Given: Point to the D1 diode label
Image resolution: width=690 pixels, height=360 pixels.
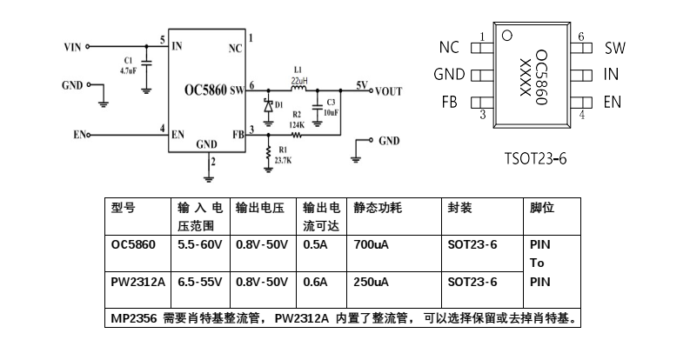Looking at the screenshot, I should pos(278,104).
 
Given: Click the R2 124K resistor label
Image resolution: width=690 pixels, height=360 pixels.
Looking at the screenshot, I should pos(297,119).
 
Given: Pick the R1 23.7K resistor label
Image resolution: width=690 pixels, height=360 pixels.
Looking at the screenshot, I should pos(283,157).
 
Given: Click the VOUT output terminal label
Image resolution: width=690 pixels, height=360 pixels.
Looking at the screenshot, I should pos(388,90).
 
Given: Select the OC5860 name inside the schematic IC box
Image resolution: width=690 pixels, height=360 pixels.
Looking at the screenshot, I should pos(205,89).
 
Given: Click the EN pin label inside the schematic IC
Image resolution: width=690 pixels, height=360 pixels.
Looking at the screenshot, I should pos(178,134).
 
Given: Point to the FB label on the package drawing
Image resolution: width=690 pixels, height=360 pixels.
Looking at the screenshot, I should pos(449,103).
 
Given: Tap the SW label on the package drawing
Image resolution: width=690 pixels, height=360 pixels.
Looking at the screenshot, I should pos(615,48).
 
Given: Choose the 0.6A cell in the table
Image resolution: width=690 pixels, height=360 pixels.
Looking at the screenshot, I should pos(315,283).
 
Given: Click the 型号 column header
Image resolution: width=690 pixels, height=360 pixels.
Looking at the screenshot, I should pos(123,209).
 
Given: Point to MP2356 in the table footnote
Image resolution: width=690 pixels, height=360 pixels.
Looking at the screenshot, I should pos(133,318).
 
